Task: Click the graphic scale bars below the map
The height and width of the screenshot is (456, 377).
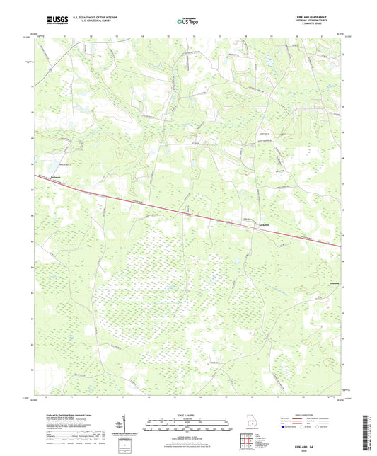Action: point(188,426)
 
